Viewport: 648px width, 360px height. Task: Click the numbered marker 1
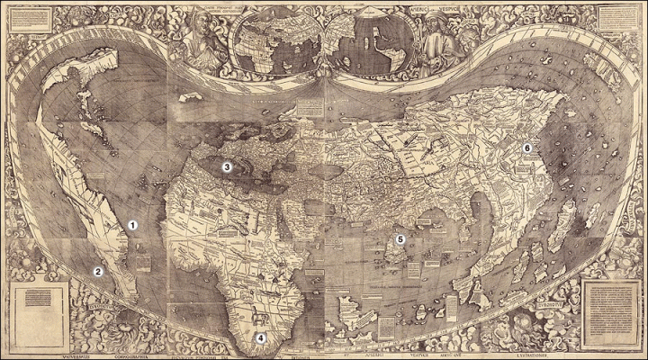[131, 225]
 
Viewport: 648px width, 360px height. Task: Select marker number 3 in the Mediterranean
[228, 166]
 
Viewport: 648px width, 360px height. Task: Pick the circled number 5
[400, 239]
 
